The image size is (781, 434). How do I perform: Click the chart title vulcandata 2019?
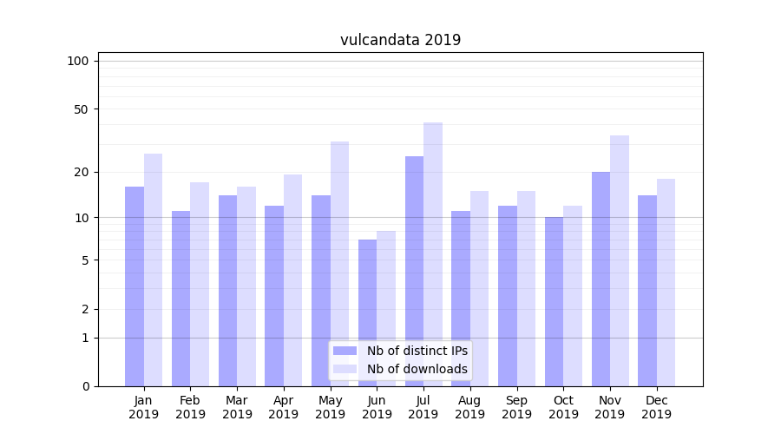click(400, 40)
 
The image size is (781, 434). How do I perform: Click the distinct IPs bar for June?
click(367, 312)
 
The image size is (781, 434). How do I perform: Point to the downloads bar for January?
click(154, 270)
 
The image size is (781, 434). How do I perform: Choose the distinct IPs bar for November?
click(601, 279)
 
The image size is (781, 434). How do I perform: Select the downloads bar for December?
click(666, 282)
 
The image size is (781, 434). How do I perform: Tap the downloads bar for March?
click(246, 286)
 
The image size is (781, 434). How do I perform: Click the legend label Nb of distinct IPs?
click(417, 351)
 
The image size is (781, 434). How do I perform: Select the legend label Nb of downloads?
click(417, 369)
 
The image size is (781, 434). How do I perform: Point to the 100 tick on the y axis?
click(78, 61)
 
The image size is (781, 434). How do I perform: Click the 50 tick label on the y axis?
click(81, 109)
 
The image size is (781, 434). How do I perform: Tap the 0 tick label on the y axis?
click(85, 386)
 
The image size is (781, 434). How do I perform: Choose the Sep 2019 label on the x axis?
click(516, 407)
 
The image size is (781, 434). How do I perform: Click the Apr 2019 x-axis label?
click(284, 407)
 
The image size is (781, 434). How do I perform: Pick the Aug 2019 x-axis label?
click(469, 407)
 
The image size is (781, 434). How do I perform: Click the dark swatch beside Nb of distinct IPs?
click(345, 351)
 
